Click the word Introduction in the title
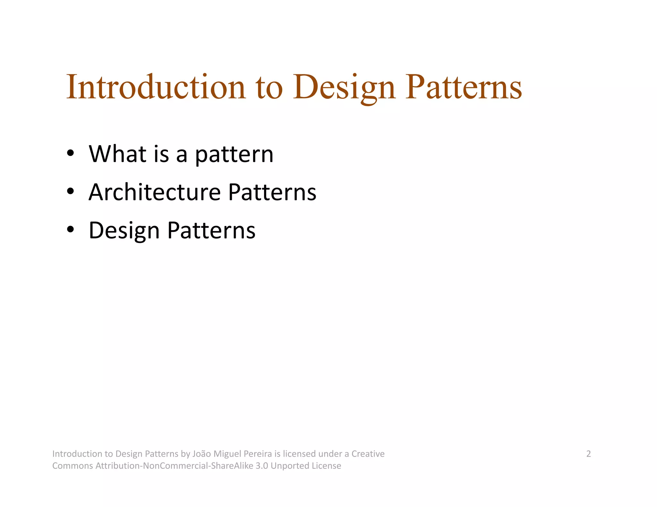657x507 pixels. pos(156,87)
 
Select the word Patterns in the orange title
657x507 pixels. pos(464,87)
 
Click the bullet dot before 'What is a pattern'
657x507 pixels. pos(71,153)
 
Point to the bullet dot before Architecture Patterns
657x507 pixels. pos(71,191)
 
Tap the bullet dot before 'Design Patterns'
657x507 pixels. pos(71,229)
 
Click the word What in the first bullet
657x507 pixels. pos(117,154)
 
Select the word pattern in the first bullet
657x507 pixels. pos(234,155)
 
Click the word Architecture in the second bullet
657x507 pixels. pos(155,192)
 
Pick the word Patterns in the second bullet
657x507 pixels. pos(272,192)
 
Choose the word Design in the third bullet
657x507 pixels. pos(124,231)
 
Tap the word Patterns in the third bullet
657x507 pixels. pos(211,230)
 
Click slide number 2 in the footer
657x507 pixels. pos(588,454)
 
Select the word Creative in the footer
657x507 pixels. pos(368,454)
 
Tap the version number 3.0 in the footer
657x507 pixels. pos(261,466)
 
